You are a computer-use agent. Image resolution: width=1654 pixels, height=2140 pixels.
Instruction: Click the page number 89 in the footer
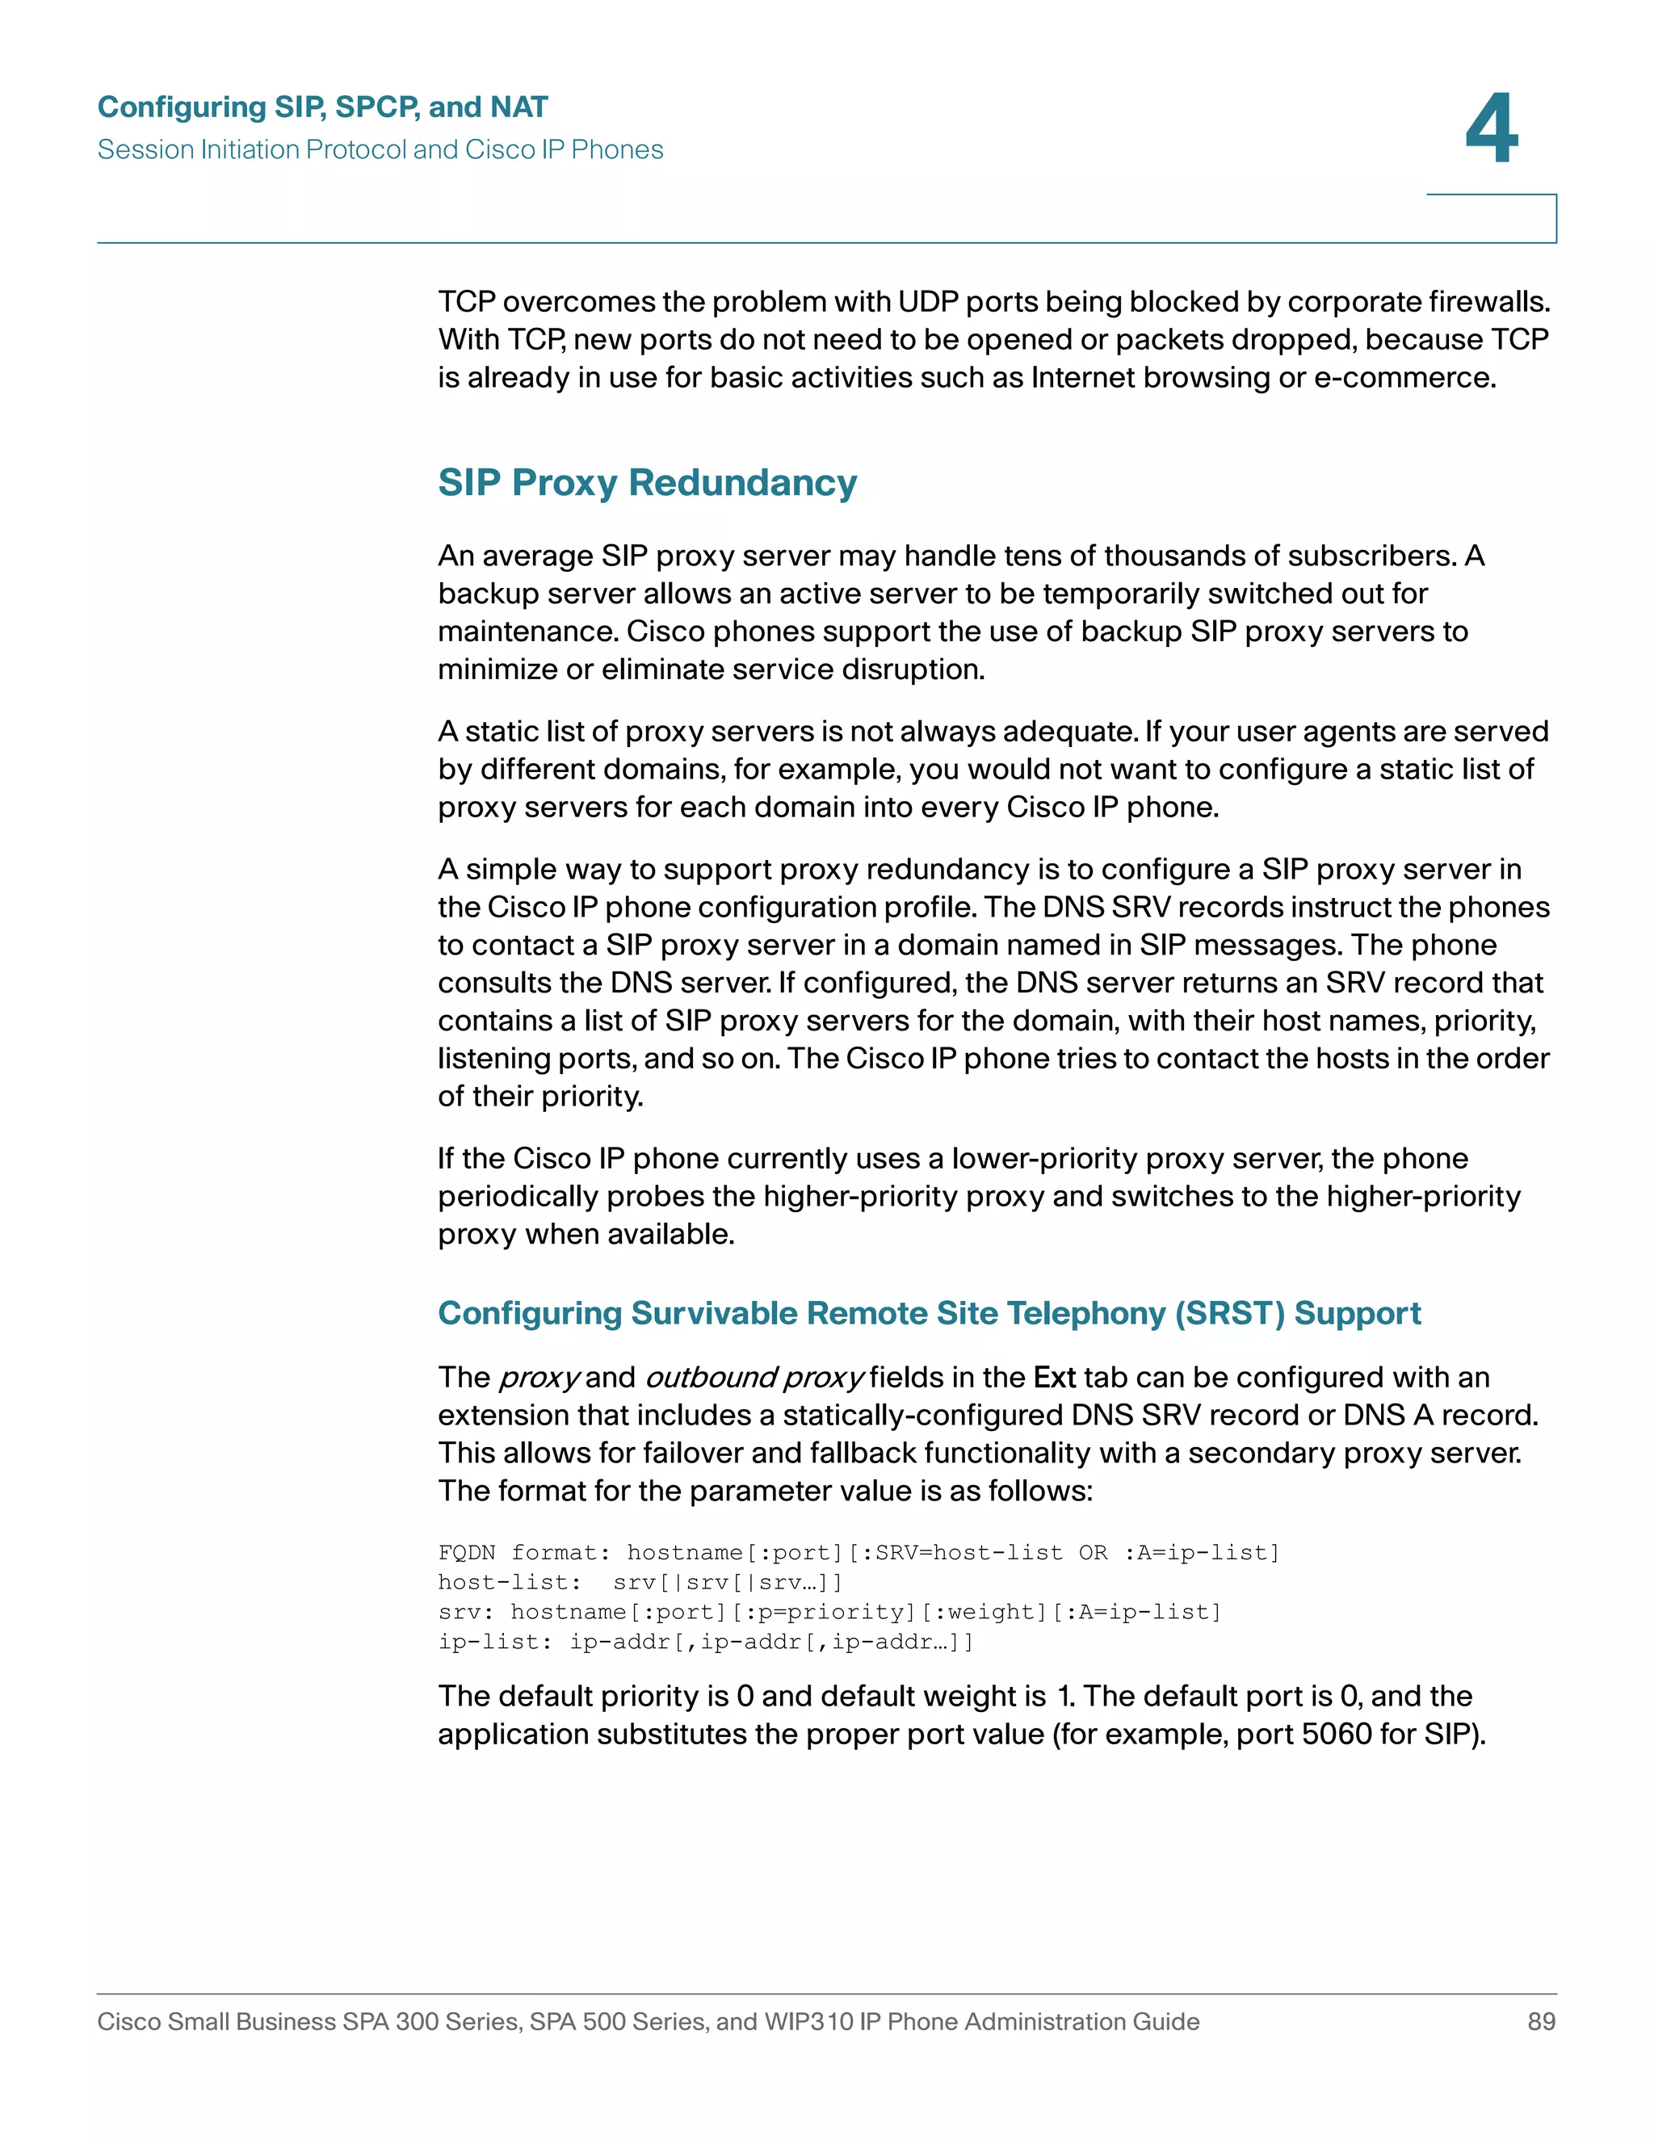tap(1541, 2021)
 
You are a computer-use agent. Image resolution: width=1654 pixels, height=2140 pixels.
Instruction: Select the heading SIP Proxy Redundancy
tap(647, 483)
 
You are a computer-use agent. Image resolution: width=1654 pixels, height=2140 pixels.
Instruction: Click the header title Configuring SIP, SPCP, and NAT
tap(322, 107)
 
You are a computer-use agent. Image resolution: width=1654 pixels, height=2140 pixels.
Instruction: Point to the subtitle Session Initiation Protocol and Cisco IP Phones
tap(380, 150)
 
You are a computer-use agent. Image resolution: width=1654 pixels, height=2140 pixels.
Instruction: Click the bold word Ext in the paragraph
tap(1054, 1377)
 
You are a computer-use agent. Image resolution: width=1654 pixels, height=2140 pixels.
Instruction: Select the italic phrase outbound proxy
tap(754, 1378)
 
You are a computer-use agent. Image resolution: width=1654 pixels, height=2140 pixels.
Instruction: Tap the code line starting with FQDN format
tap(858, 1552)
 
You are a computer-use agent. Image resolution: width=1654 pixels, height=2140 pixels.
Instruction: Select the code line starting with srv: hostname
tap(829, 1612)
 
